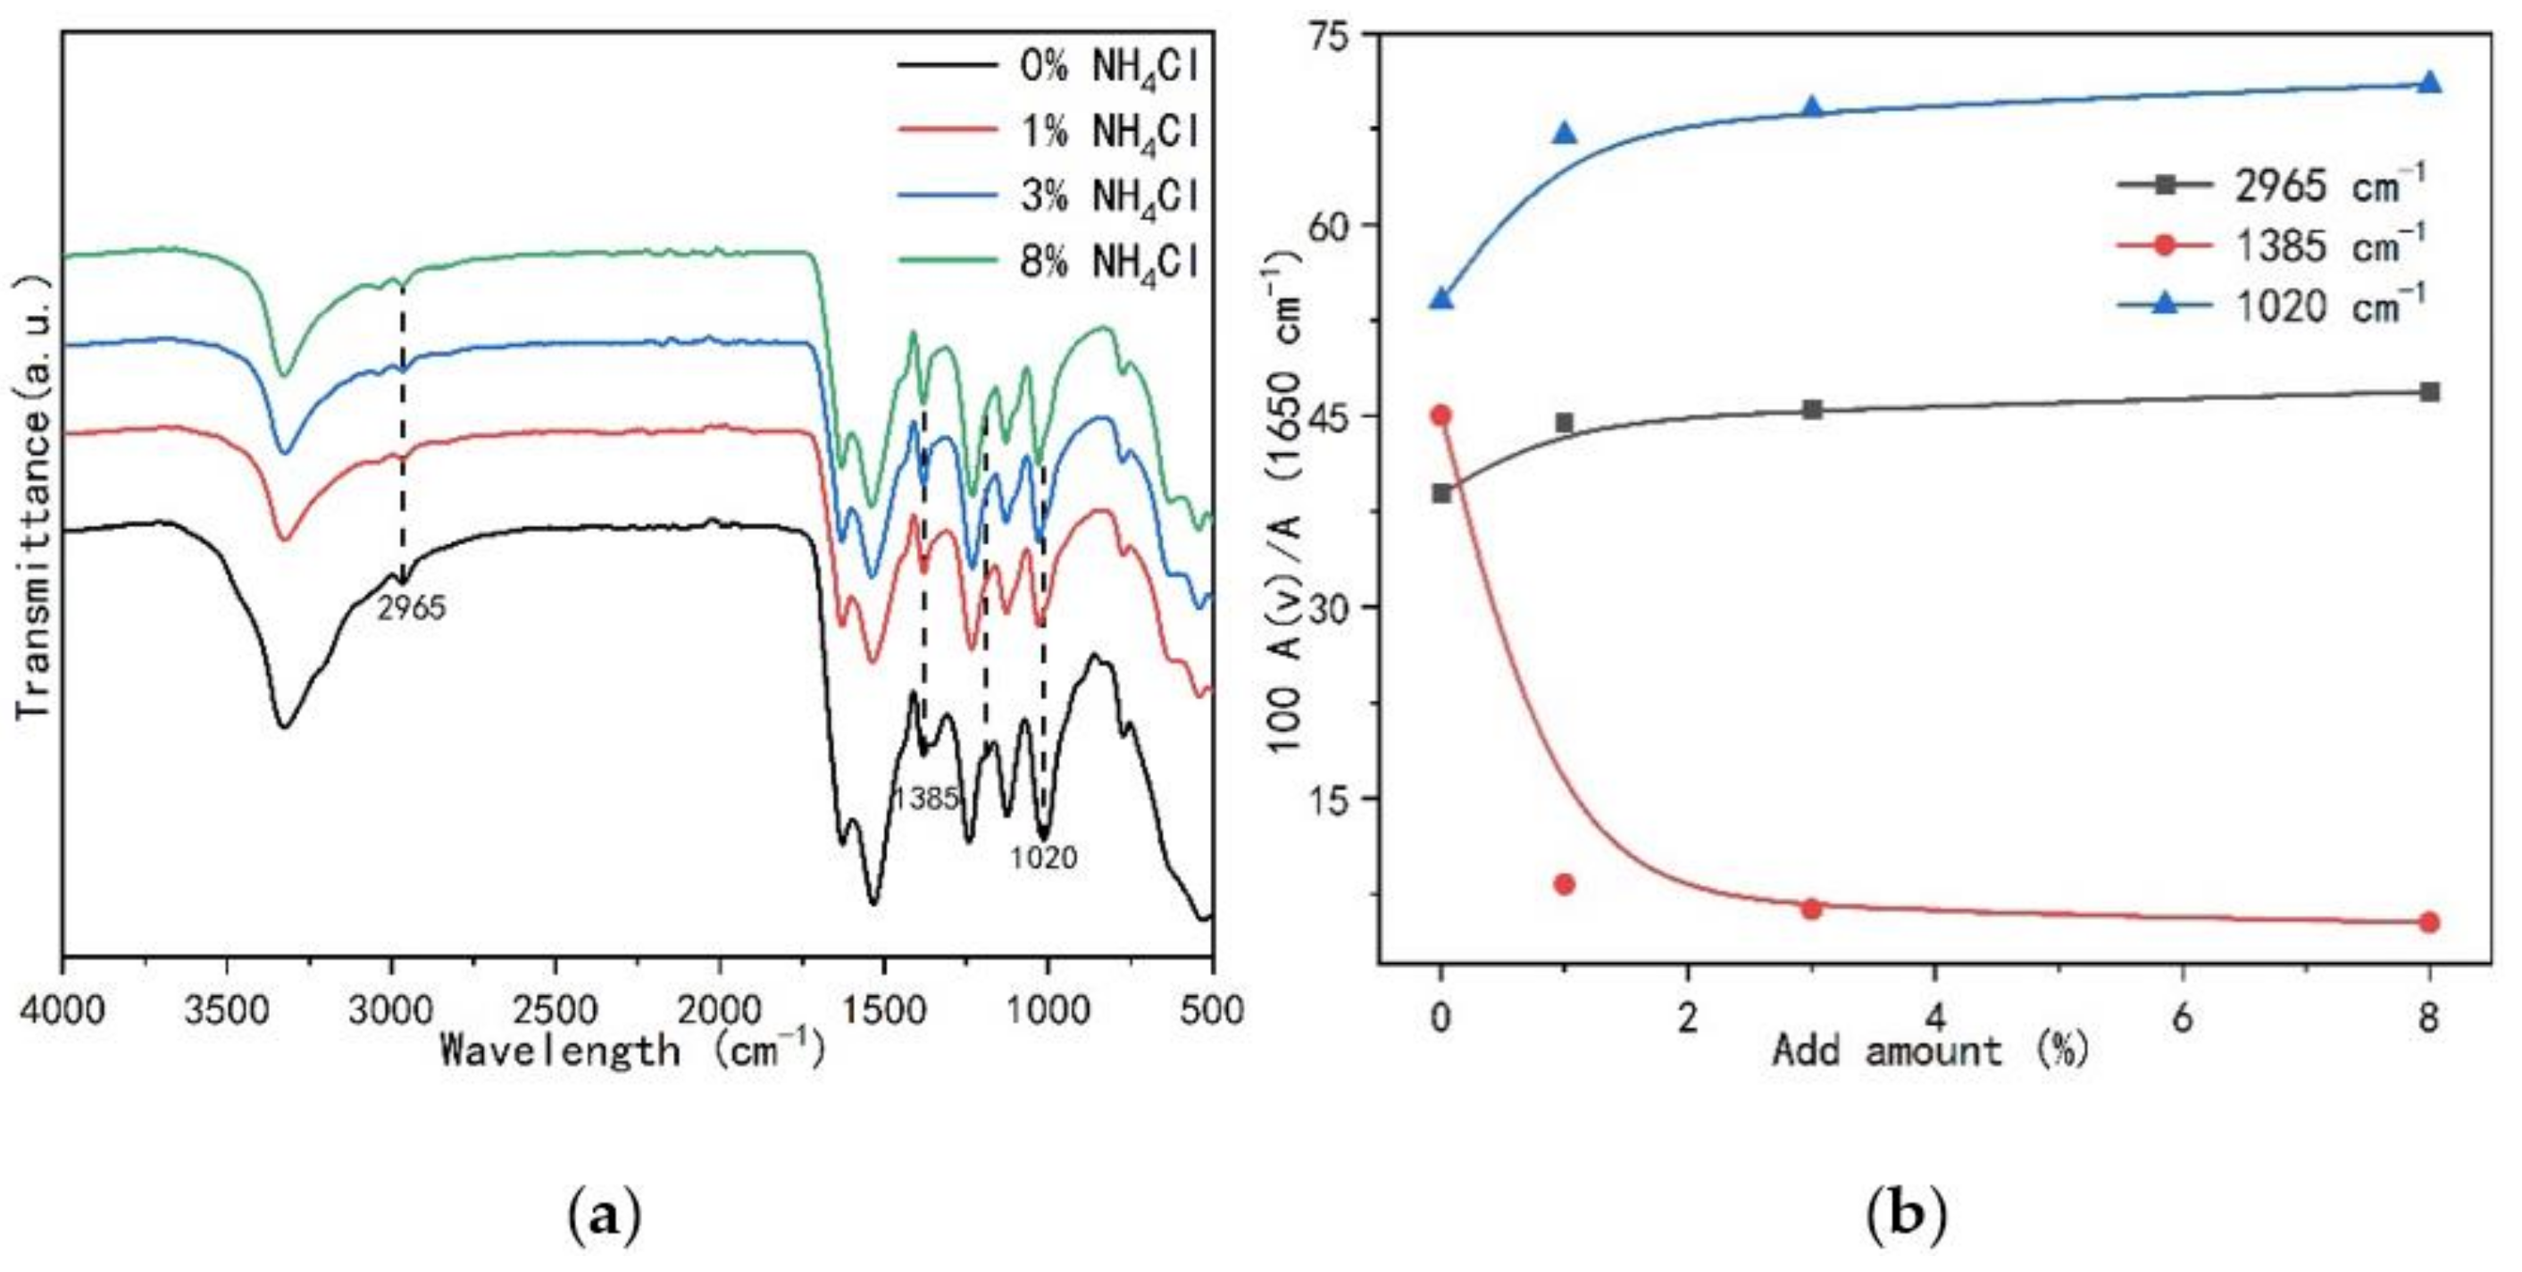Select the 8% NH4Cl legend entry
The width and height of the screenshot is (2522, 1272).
tap(1048, 263)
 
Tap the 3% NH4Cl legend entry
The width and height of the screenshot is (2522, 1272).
tap(1048, 197)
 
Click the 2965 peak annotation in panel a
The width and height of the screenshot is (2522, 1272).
tap(411, 609)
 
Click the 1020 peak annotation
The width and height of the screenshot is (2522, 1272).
tap(1044, 858)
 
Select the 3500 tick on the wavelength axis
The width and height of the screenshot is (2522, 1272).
tap(227, 1008)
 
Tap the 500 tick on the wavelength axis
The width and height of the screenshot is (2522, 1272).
tap(1212, 1008)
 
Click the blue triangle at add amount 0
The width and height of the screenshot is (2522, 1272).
tap(1441, 297)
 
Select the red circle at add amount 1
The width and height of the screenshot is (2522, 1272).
tap(1565, 884)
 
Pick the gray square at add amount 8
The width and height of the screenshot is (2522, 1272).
tap(2429, 391)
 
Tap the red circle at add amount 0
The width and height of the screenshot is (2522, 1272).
tap(1441, 415)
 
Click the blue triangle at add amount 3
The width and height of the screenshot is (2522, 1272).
tap(1811, 106)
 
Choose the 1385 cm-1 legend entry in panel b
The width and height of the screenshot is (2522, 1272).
tap(2271, 245)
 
